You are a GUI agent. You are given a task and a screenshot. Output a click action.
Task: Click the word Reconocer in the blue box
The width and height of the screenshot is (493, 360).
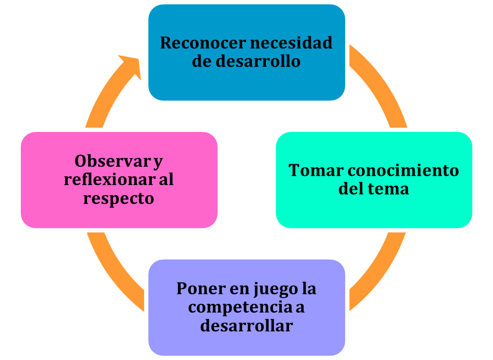(x=203, y=43)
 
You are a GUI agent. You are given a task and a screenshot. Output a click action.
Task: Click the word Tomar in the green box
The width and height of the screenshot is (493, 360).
(x=316, y=171)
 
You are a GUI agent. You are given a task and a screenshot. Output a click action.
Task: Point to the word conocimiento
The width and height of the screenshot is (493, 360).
(x=404, y=171)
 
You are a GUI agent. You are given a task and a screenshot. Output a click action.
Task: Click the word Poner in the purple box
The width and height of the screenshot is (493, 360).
(x=201, y=288)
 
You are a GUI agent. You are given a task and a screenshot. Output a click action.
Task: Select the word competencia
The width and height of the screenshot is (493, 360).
(x=240, y=308)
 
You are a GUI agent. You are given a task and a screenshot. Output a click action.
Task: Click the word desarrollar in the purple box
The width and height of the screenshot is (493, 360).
(x=246, y=325)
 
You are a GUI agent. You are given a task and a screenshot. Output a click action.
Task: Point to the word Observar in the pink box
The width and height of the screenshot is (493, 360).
(x=113, y=161)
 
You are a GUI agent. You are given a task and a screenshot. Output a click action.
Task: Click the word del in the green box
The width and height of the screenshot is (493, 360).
(x=351, y=188)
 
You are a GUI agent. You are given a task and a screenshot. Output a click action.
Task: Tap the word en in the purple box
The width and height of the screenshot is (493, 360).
(x=239, y=290)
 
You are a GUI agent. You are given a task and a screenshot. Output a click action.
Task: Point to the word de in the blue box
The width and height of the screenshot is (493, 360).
(x=202, y=61)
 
